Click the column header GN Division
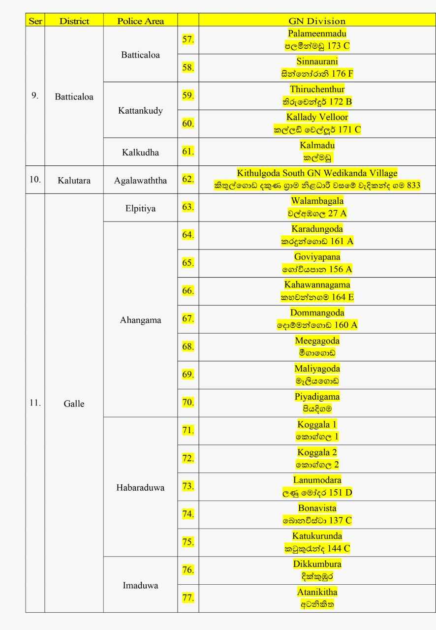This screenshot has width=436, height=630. pos(317,21)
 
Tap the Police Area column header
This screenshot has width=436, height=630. pos(140,21)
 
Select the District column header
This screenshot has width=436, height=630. pos(74,21)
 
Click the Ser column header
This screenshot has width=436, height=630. pos(35,21)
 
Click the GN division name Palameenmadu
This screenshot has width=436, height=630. pos(317,33)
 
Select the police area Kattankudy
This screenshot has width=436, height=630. pos(140,110)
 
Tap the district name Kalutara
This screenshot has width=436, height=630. pos(74,180)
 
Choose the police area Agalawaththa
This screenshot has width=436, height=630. pos(140,180)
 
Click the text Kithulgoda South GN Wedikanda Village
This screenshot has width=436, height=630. pos(317,173)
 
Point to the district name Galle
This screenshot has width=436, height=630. pos(74,404)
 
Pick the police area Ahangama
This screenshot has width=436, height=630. pos(140,320)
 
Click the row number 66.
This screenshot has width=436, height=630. pos(188,291)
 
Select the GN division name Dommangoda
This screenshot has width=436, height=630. pos(317,313)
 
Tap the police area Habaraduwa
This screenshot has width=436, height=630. pos(140,488)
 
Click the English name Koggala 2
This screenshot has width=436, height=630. pos(317,452)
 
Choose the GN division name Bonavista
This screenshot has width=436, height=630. pos(317,508)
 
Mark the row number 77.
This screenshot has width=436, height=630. pos(188,598)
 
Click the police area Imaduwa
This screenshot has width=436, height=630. pos(140,586)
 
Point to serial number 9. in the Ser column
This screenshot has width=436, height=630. pos(35,96)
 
